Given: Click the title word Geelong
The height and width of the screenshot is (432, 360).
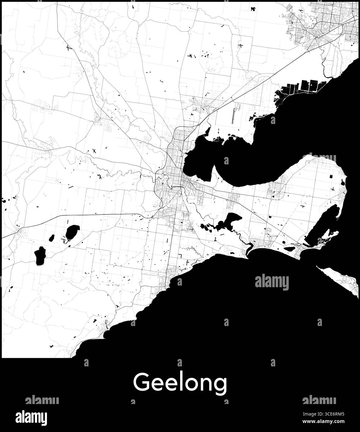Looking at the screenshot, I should click(180, 383).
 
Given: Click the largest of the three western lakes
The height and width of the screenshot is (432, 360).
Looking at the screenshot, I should click(72, 232).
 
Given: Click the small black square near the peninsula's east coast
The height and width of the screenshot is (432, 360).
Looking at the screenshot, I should click(331, 177).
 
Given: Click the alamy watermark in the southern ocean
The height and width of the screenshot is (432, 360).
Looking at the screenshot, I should click(272, 283).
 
